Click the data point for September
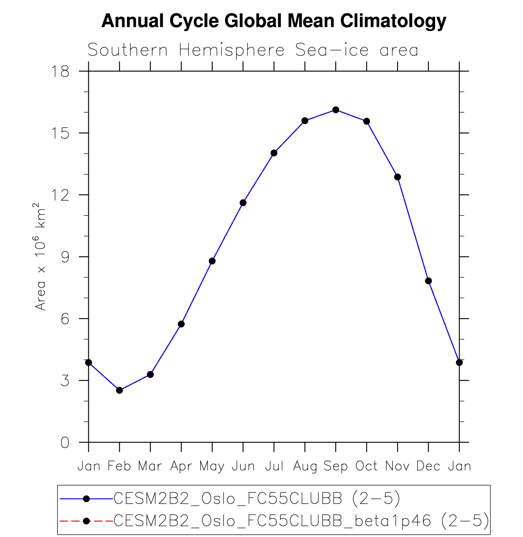pos(336,110)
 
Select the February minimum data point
pos(119,390)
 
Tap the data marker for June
pos(243,203)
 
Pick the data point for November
pos(398,177)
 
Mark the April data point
pos(181,324)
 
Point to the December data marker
pos(428,281)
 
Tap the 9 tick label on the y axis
pos(65,257)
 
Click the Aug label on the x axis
pos(305,466)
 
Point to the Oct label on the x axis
pos(367,466)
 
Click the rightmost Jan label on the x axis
pos(460,466)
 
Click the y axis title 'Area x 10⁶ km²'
pos(40,256)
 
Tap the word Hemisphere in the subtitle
pos(232,50)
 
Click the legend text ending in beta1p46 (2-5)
pos(301,521)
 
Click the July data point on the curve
pos(274,153)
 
